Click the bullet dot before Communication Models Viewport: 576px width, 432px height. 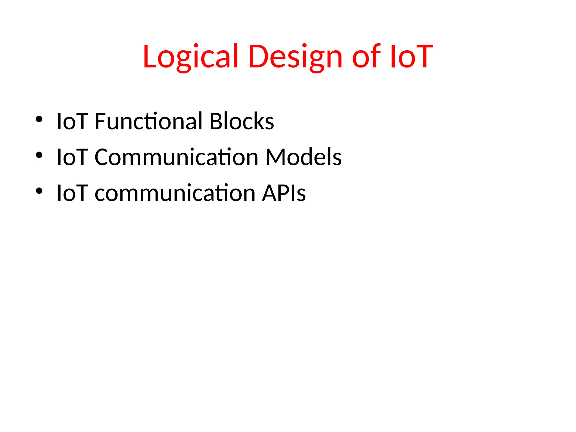click(x=39, y=155)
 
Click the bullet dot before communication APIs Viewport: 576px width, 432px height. click(x=39, y=191)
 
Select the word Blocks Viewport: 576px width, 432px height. click(x=242, y=121)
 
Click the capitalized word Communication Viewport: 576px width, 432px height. click(x=176, y=157)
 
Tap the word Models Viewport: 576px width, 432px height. click(x=303, y=157)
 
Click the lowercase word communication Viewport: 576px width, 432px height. click(x=175, y=193)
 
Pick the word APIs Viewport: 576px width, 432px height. click(x=283, y=193)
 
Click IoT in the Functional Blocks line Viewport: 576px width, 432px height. click(x=73, y=121)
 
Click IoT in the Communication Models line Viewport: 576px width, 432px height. click(x=73, y=157)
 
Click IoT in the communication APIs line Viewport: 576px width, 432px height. click(x=73, y=193)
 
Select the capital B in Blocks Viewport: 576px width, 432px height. click(x=216, y=121)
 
